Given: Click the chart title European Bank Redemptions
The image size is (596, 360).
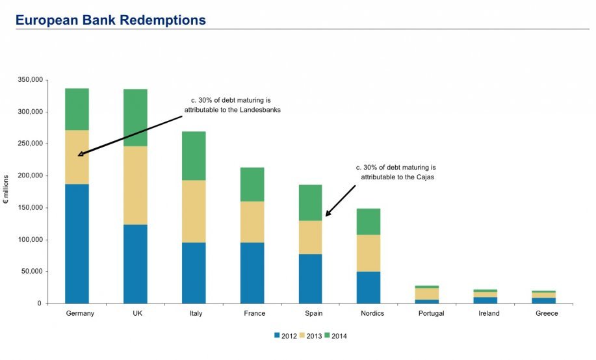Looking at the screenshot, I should [x=110, y=20].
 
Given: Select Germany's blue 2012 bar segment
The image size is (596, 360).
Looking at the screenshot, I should [x=77, y=244].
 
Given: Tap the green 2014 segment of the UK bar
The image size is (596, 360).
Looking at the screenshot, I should [x=135, y=118].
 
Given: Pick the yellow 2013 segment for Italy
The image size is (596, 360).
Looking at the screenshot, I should [x=194, y=211].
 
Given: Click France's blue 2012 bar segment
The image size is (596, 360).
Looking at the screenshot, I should [x=252, y=273].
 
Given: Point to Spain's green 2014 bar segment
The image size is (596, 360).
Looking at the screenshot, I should [x=310, y=203].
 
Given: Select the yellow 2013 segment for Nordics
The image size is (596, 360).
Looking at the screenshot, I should [x=369, y=253].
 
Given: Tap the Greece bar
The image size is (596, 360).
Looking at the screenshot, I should [x=544, y=297].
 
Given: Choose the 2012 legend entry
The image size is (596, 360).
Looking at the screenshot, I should [x=285, y=335].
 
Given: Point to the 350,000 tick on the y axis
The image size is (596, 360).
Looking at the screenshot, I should [x=29, y=80].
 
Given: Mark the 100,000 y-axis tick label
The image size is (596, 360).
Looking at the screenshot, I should [x=29, y=240].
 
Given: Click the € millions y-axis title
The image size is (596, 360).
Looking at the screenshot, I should [x=7, y=192].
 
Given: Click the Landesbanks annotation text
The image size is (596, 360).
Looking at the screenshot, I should [x=231, y=105].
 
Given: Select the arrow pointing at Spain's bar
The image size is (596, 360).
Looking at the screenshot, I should [x=341, y=200].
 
